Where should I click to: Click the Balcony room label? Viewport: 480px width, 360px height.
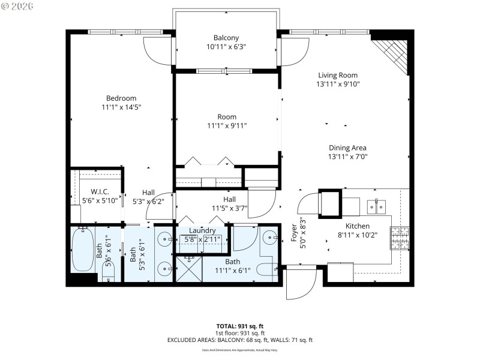coord(226,37)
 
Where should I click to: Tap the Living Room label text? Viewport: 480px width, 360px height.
coord(337,76)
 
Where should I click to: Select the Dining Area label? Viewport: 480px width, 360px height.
coord(347,148)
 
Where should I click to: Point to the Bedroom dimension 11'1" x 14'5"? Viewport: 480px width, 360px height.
coord(121,107)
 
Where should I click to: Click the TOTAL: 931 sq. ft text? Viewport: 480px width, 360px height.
coord(239,326)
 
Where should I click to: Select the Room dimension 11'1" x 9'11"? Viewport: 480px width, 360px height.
coord(226,126)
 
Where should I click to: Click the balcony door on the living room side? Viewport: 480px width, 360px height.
coord(294,51)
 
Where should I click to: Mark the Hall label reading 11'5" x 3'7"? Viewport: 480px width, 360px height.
coord(229,204)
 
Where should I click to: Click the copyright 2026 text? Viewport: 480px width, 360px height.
coord(18,6)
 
